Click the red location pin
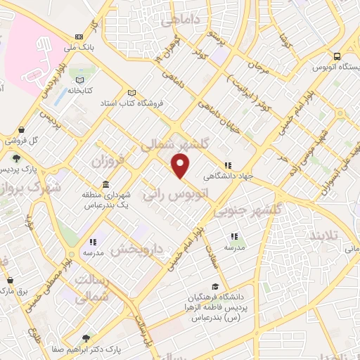click(181, 166)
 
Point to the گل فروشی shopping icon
click(23, 130)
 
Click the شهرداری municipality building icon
click(105, 185)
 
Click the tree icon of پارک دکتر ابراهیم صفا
click(87, 337)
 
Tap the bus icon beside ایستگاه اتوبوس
click(338, 57)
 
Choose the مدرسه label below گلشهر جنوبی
click(234, 248)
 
